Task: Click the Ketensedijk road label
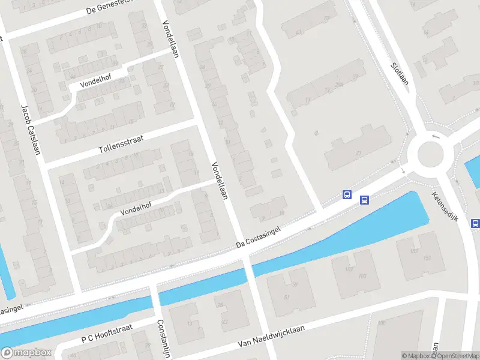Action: (x=445, y=207)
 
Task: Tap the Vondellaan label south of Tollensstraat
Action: (x=219, y=181)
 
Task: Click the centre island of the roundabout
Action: (x=430, y=154)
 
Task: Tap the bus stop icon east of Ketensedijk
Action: (x=475, y=224)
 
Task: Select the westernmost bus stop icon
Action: (x=347, y=194)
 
